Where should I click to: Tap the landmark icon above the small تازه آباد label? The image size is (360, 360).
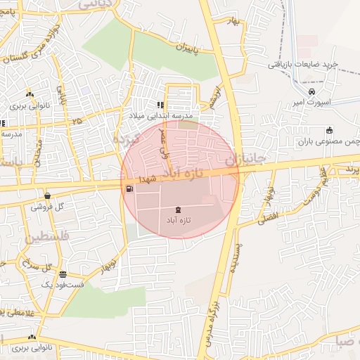tap(176, 210)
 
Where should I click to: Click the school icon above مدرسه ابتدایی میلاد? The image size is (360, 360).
tap(169, 105)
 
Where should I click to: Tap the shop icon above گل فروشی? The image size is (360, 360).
tap(47, 196)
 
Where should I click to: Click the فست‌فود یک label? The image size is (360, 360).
tap(63, 285)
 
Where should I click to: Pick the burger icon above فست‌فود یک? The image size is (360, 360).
tap(63, 274)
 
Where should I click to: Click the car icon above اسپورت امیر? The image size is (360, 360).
tap(312, 91)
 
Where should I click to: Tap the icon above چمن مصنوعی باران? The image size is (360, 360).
tap(329, 130)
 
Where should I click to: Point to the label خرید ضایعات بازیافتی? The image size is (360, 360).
tap(302, 64)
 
